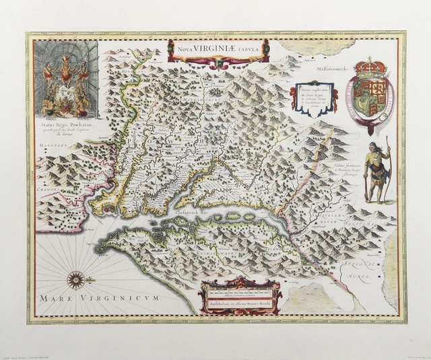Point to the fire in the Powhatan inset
tap(65, 105)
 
